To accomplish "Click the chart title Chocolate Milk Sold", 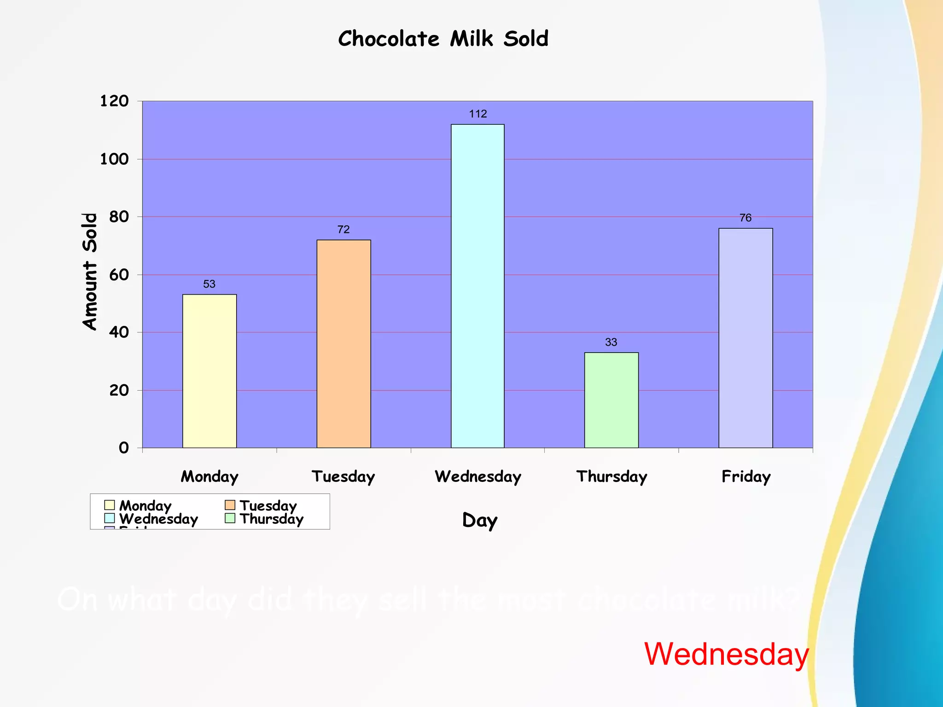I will pos(443,39).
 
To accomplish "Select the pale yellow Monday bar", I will pos(210,371).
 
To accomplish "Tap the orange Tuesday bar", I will pos(343,344).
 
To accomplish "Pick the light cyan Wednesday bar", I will pos(477,286).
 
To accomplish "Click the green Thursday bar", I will pos(611,400).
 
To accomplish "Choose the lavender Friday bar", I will pos(745,338).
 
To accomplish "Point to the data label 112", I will pos(478,114).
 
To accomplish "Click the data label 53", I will pos(209,284).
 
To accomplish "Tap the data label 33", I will pos(611,342).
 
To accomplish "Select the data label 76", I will pos(745,218).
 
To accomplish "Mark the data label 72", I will pos(343,229).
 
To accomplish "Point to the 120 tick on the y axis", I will pos(114,101).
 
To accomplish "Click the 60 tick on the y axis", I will pos(119,275).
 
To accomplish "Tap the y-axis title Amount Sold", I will pos(90,271).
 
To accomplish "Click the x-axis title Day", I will pos(480,521).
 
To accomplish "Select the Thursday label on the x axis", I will pos(611,476).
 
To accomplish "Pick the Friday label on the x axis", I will pos(746,476).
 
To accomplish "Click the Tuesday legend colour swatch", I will pos(230,505).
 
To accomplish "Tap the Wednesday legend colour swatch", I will pos(109,518).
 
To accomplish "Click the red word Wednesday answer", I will pos(726,654).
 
